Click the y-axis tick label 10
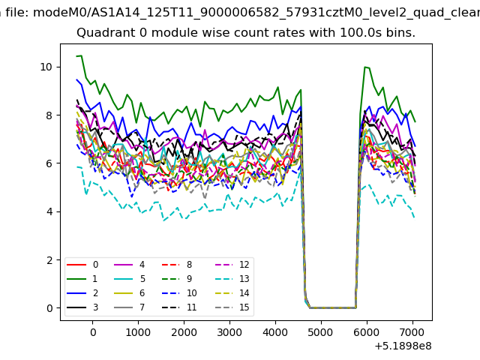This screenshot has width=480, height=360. tap(46, 67)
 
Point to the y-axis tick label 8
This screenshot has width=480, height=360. tap(49, 115)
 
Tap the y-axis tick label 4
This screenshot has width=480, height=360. tap(49, 211)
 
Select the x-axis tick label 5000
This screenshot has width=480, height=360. tap(320, 332)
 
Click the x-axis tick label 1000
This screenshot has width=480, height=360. tap(138, 332)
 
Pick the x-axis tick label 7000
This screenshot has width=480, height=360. tap(412, 332)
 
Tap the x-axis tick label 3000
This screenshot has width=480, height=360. tap(229, 332)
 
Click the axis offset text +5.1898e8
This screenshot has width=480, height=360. tap(403, 346)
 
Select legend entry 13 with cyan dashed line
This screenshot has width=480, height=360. tap(234, 279)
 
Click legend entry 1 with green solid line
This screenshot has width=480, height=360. tap(82, 279)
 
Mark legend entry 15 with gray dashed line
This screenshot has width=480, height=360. tap(234, 307)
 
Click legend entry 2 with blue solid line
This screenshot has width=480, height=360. tap(82, 293)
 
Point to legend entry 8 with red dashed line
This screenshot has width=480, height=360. tap(177, 265)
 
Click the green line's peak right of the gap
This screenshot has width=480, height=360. tap(364, 67)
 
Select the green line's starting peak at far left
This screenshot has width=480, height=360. tap(81, 55)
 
